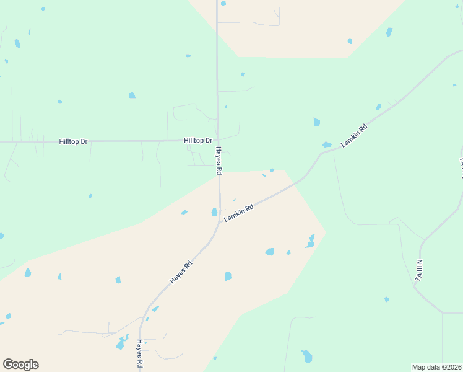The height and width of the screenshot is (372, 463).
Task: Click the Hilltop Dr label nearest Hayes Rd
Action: click(x=198, y=141)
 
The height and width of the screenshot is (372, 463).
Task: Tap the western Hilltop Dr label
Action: click(x=73, y=141)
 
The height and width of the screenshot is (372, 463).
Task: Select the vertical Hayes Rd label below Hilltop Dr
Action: click(x=219, y=160)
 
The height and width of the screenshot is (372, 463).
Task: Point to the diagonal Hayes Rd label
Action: click(x=181, y=273)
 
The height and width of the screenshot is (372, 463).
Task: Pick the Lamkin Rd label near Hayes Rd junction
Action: click(x=239, y=214)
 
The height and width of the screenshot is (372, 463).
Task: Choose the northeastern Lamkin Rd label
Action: click(x=354, y=136)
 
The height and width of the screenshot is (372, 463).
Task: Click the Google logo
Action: click(x=20, y=365)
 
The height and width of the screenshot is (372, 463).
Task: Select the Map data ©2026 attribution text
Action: click(x=436, y=367)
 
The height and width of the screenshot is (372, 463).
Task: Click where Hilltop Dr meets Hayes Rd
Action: click(x=217, y=141)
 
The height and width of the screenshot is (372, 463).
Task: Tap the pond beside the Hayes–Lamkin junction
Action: click(x=214, y=212)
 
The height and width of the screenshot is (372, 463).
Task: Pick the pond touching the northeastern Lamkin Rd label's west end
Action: click(x=327, y=144)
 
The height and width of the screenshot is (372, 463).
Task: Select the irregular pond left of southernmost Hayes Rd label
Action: click(x=121, y=342)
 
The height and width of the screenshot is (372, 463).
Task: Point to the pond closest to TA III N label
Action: click(x=386, y=299)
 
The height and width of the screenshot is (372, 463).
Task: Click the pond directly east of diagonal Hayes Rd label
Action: click(x=228, y=276)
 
